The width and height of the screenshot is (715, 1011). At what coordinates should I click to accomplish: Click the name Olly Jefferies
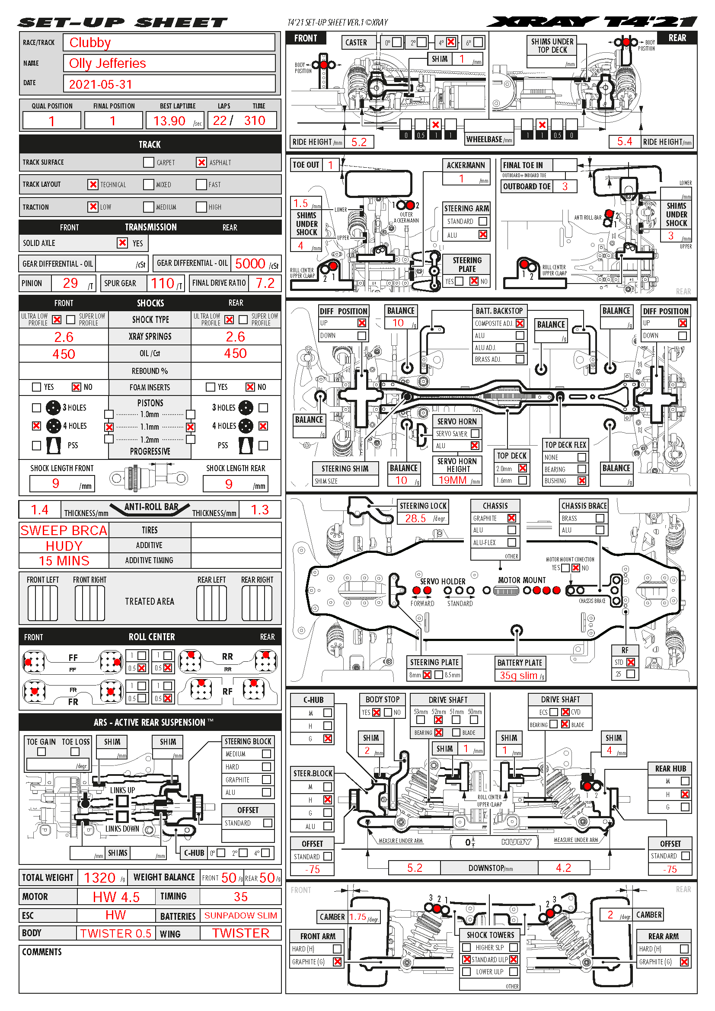pyautogui.click(x=108, y=64)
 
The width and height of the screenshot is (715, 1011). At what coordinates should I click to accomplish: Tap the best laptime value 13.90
pyautogui.click(x=169, y=121)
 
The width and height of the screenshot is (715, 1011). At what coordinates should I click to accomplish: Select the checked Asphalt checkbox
pyautogui.click(x=201, y=163)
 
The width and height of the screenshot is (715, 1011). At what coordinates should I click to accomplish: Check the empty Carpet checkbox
pyautogui.click(x=149, y=163)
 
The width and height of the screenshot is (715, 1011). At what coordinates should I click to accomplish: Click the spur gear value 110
pyautogui.click(x=163, y=283)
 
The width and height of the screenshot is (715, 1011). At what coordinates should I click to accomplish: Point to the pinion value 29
pyautogui.click(x=70, y=283)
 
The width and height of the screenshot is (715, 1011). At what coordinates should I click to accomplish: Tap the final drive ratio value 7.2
pyautogui.click(x=265, y=283)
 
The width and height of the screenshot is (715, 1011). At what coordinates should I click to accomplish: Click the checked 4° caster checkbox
pyautogui.click(x=451, y=42)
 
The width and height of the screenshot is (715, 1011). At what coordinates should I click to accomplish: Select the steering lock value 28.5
pyautogui.click(x=415, y=518)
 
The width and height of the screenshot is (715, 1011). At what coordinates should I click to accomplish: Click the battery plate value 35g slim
pyautogui.click(x=518, y=676)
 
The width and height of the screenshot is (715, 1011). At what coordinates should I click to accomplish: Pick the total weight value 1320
pyautogui.click(x=99, y=877)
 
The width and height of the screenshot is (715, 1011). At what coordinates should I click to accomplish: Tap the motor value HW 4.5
pyautogui.click(x=116, y=897)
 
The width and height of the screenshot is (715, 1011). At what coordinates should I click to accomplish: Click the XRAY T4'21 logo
pyautogui.click(x=592, y=22)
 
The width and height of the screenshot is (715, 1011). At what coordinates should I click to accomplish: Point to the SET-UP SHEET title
pyautogui.click(x=122, y=22)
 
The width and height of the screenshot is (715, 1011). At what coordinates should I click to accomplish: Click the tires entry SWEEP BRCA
pyautogui.click(x=64, y=531)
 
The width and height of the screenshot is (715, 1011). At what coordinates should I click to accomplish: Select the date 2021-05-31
pyautogui.click(x=100, y=84)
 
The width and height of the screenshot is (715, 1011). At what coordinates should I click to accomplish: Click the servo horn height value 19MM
pyautogui.click(x=452, y=480)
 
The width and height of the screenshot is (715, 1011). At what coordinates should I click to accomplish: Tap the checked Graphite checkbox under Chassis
pyautogui.click(x=511, y=518)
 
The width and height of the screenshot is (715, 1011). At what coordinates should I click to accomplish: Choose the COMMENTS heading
pyautogui.click(x=42, y=952)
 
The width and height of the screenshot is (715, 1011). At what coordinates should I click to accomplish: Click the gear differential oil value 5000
pyautogui.click(x=249, y=264)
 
